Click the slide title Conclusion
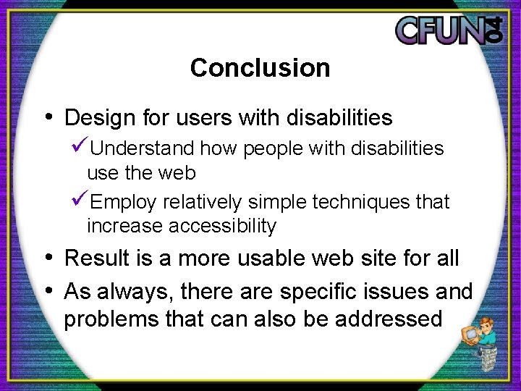tap(260, 68)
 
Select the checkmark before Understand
tap(80, 148)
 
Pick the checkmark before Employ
tap(80, 201)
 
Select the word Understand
tap(143, 148)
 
